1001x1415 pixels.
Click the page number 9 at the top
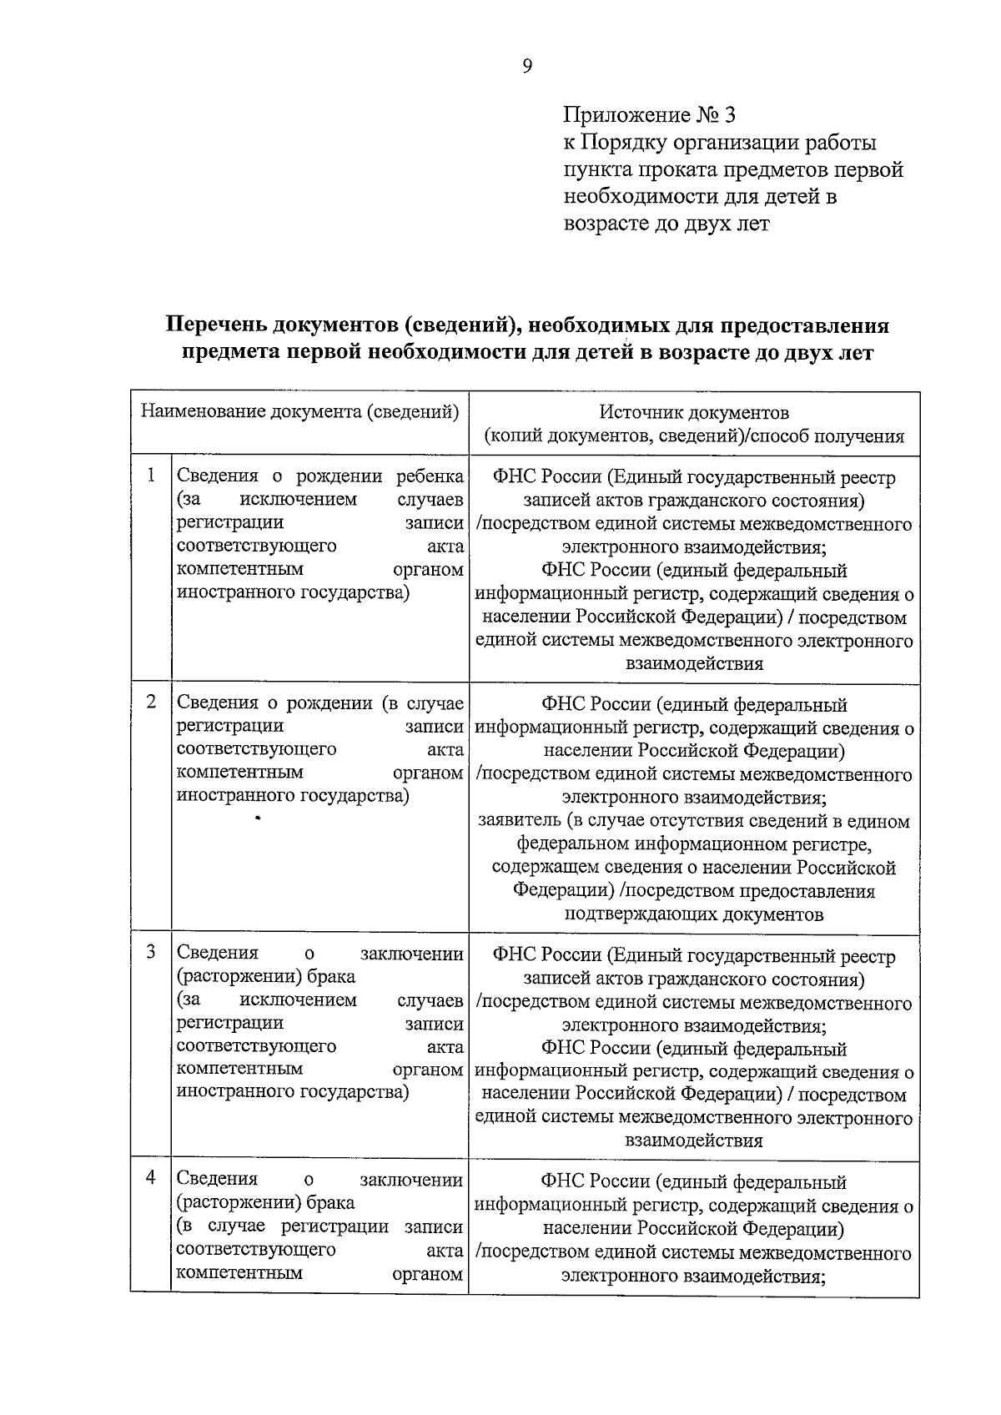526,67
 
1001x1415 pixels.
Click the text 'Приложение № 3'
649,114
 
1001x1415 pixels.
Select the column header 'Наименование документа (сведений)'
299,411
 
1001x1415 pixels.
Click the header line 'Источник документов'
694,412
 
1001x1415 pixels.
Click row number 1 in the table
151,475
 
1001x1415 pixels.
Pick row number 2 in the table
151,702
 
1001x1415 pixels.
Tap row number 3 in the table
151,952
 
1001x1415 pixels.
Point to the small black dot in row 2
259,819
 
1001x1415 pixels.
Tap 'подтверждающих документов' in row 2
694,914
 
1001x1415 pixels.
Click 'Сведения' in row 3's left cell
218,953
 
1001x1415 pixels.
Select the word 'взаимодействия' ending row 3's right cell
694,1141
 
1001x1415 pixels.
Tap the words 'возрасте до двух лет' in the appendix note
666,224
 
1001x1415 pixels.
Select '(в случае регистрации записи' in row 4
319,1226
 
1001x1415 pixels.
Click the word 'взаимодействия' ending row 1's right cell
694,664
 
